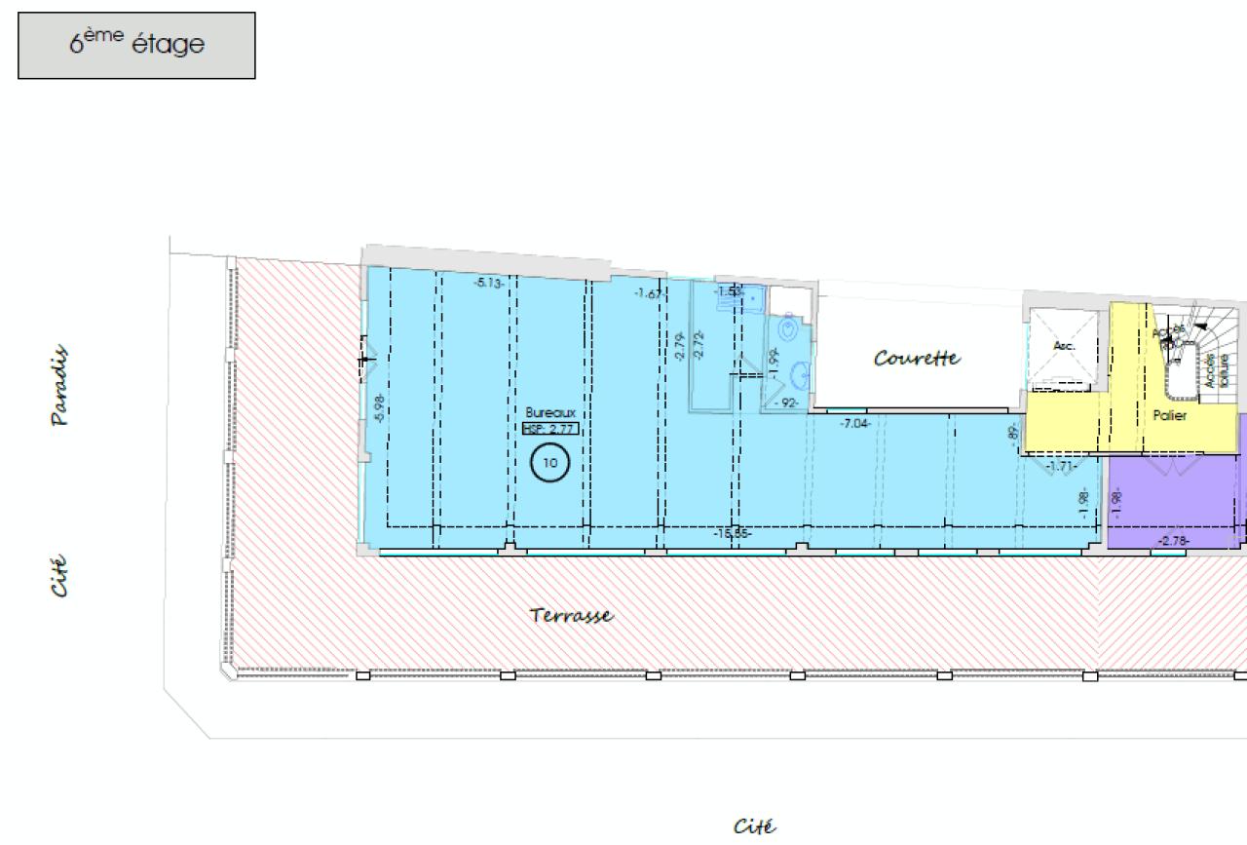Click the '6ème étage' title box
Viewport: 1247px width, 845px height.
[136, 45]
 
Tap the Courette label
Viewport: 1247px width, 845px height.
[917, 359]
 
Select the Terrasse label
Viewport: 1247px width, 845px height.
[572, 616]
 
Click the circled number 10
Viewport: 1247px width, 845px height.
[550, 463]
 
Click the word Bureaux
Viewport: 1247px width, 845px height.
[550, 413]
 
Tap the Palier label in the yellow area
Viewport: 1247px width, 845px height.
[1169, 415]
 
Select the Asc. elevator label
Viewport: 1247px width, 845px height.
[1064, 346]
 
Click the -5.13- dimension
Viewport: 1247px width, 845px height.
[489, 283]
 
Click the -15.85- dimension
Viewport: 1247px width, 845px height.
[732, 533]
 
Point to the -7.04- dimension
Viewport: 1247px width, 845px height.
[855, 422]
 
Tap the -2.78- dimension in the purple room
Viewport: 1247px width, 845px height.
[1174, 541]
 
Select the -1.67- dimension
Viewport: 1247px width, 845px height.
[649, 293]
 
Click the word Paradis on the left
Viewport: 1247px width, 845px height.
[60, 385]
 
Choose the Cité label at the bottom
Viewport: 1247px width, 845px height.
[755, 827]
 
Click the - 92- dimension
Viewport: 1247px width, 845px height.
[786, 403]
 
